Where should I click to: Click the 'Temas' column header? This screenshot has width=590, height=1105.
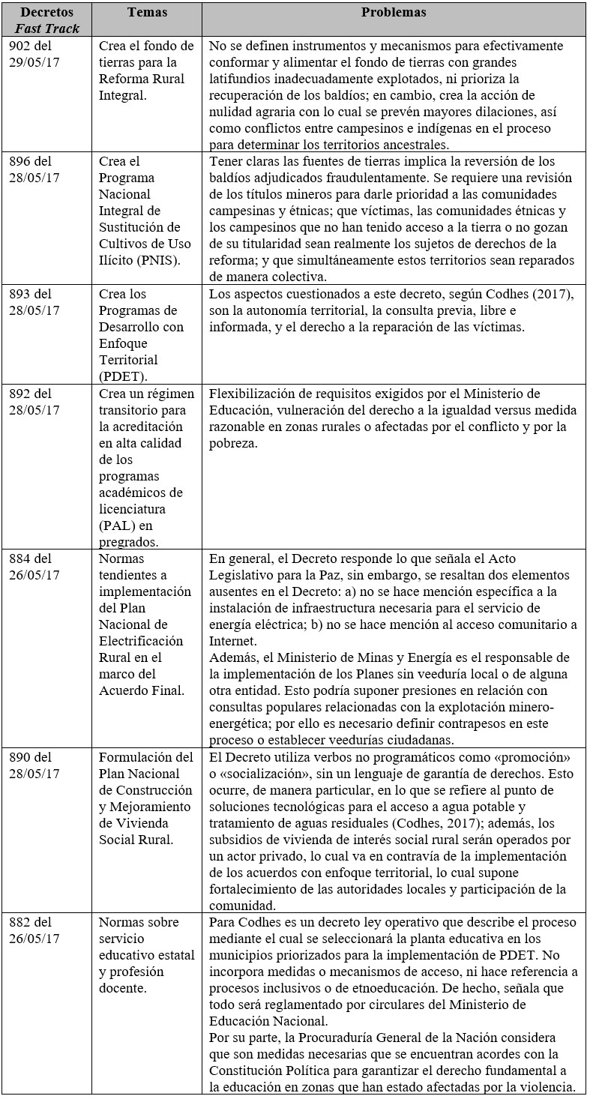147,13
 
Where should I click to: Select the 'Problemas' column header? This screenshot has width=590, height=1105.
394,13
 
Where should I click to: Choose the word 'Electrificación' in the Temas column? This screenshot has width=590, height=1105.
141,641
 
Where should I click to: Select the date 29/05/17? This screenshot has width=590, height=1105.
39,61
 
